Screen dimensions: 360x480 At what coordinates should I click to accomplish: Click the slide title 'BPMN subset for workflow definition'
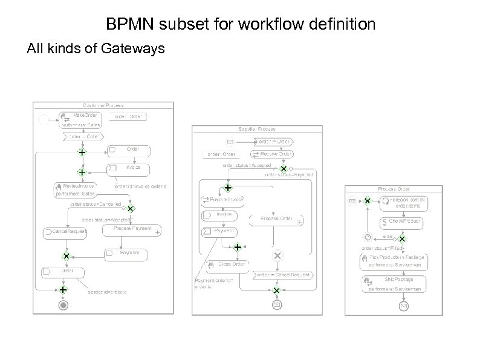coord(241,25)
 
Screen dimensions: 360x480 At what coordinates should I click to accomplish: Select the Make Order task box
coord(80,120)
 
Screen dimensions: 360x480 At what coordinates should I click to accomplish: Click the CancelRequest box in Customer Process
coord(65,232)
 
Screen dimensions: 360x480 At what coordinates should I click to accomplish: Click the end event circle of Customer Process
coord(63,306)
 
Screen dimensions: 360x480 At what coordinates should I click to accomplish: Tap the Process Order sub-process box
coord(276,218)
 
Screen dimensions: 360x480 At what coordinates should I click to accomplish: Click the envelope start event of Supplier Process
coord(230,142)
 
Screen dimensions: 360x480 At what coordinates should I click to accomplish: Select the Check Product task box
coord(401,223)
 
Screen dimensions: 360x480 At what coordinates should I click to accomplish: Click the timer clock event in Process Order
coord(366,237)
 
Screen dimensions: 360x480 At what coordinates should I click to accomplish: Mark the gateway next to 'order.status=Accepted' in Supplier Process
coord(283,169)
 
